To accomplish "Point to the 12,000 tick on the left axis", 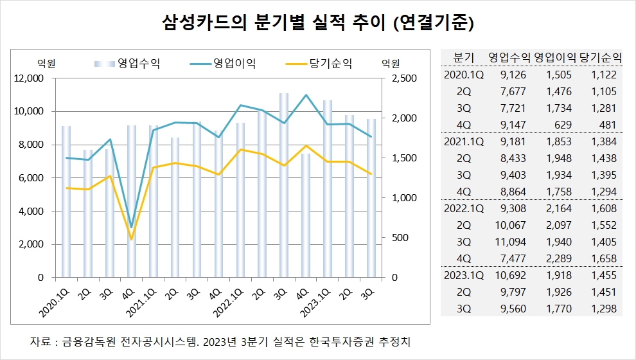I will [x=28, y=78].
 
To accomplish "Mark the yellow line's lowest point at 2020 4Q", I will [x=132, y=239].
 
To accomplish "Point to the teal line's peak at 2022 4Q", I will [x=306, y=95].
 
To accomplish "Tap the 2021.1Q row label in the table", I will [x=464, y=141].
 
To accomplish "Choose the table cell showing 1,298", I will [x=604, y=309].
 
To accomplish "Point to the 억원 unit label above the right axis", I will [x=391, y=63].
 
